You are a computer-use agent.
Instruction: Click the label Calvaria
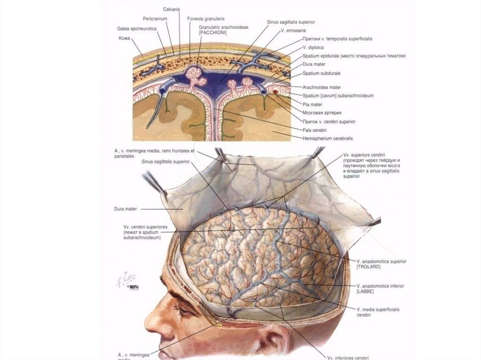172,9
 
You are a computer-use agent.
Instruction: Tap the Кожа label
124,38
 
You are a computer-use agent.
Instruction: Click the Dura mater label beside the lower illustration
124,209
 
